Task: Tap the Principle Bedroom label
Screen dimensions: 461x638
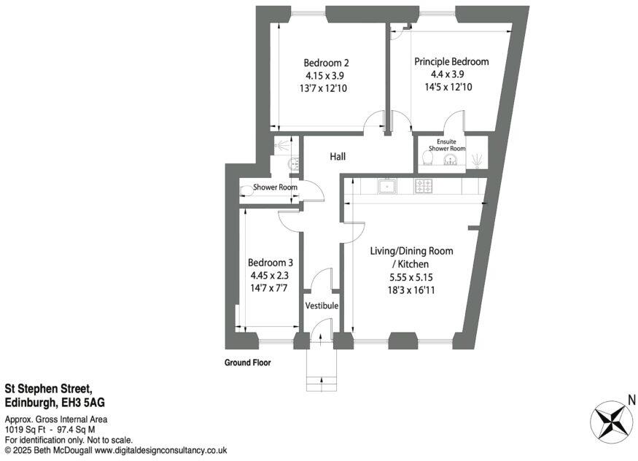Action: (x=451, y=62)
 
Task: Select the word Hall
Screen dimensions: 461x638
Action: (x=337, y=157)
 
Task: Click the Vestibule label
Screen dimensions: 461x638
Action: (x=322, y=306)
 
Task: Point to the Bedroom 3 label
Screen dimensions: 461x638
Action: (x=270, y=263)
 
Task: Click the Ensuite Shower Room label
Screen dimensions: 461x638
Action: (x=446, y=145)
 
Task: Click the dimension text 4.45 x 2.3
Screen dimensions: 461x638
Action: (x=270, y=276)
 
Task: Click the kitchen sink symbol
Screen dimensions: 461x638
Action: (x=386, y=186)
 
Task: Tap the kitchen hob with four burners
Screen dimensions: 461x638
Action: (x=424, y=186)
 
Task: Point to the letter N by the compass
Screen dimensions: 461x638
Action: (x=631, y=400)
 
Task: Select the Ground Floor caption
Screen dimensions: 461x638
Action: (x=247, y=363)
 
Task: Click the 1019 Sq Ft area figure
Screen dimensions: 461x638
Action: (x=22, y=430)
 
